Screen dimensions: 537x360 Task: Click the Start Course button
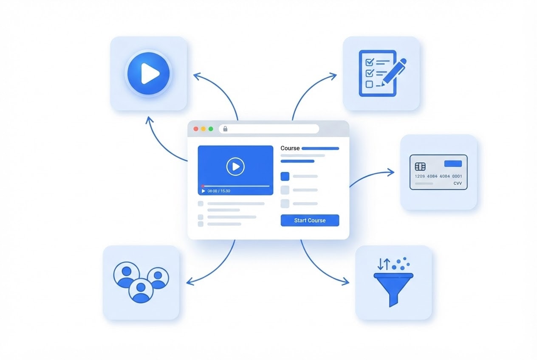coord(310,220)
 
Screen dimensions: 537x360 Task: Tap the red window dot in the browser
coord(196,129)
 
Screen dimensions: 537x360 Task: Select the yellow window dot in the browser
coord(203,129)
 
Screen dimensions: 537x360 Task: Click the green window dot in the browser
coord(211,129)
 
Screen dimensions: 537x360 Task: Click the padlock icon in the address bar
coord(225,129)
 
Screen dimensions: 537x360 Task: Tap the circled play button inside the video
coord(235,166)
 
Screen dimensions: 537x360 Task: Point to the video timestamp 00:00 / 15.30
coord(219,191)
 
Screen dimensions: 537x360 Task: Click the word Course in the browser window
coord(290,148)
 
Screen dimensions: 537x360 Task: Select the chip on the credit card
coord(420,166)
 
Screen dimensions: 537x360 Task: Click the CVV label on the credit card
coord(458,183)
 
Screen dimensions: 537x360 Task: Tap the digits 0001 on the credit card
coord(457,176)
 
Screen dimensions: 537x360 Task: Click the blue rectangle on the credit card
coord(453,163)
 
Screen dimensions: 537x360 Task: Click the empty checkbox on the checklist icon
coord(369,84)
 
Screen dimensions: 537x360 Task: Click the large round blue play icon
coord(148,73)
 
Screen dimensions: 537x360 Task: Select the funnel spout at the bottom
coord(393,300)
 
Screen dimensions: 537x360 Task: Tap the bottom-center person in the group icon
coord(141,290)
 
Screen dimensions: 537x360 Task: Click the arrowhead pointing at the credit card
coord(391,172)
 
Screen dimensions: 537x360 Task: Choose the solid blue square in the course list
coord(285,176)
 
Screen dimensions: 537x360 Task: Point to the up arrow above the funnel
coord(387,264)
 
